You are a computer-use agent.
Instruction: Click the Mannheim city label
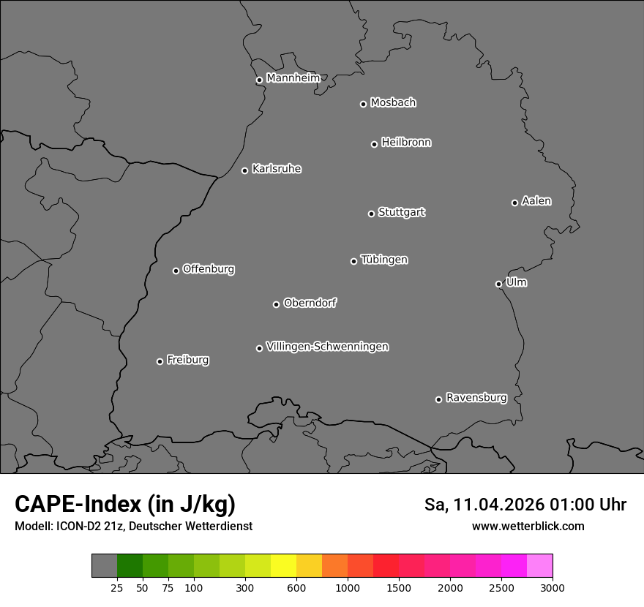293,78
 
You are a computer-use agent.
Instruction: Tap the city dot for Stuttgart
371,214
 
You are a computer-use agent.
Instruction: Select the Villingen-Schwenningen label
327,347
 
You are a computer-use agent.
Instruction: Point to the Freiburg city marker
160,361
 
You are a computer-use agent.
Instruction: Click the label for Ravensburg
476,398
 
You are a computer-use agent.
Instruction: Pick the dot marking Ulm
498,284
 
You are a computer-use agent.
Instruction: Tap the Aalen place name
536,201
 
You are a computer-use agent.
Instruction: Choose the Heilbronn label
405,143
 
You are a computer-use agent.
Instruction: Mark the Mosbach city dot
363,104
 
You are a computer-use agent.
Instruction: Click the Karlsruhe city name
276,169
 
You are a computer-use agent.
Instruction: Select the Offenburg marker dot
176,271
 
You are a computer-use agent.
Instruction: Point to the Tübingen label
383,260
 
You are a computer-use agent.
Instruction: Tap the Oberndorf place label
310,303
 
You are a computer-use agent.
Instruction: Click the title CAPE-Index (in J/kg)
125,504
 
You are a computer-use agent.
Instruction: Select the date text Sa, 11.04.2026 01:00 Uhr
525,505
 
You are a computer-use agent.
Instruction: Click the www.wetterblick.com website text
528,527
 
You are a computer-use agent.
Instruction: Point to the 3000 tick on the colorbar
552,587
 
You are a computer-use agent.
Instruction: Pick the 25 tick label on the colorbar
116,587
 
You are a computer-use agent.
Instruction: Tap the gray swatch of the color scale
104,565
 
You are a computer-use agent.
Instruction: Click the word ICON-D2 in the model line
73,527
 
